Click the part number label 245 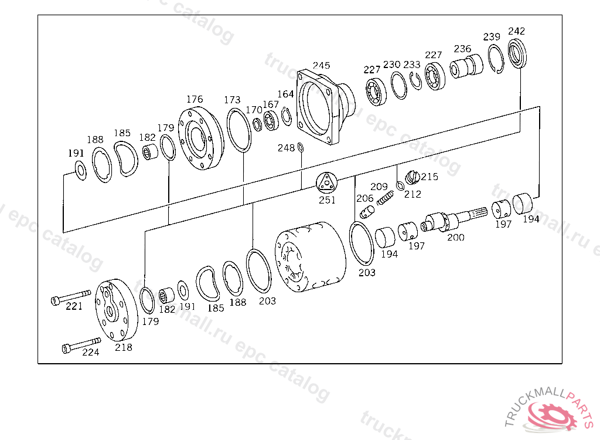322,66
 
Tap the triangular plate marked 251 327,182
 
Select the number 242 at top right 517,31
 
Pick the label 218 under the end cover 124,347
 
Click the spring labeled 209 386,198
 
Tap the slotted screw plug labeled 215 412,177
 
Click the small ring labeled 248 301,148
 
